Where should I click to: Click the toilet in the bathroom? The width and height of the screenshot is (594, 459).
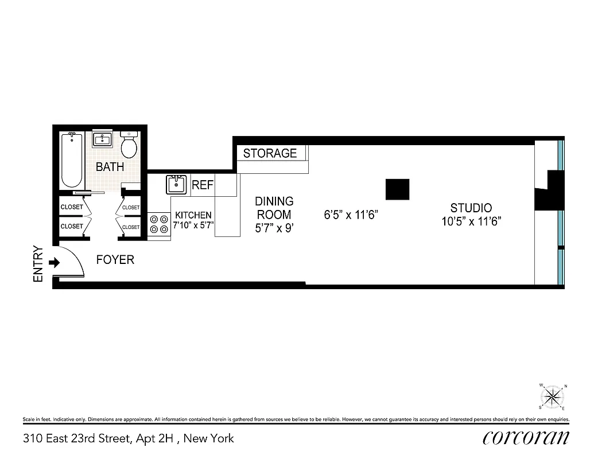point(129,146)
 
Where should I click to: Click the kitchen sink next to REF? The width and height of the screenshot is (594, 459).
point(176,185)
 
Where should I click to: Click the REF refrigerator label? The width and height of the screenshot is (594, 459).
point(203,185)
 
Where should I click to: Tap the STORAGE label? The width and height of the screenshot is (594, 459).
point(270,153)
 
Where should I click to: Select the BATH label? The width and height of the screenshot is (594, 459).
point(110,168)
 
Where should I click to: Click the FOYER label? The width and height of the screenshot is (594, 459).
point(115,260)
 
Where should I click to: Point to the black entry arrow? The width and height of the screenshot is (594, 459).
point(55,263)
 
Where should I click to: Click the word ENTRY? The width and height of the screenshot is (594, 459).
point(38,264)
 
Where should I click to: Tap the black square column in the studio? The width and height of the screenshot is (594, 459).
point(397,189)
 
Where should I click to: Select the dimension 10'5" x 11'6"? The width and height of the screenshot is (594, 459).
point(471,221)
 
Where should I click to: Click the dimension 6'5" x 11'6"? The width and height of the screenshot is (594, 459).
point(351,216)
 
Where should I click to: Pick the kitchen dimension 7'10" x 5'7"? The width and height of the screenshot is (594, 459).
point(193,225)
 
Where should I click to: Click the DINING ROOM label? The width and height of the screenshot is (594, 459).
point(274,208)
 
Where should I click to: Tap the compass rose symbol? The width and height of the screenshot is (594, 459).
point(553,395)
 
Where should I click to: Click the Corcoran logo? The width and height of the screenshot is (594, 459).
point(526,438)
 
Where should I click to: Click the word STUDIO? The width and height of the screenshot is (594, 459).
point(471,208)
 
